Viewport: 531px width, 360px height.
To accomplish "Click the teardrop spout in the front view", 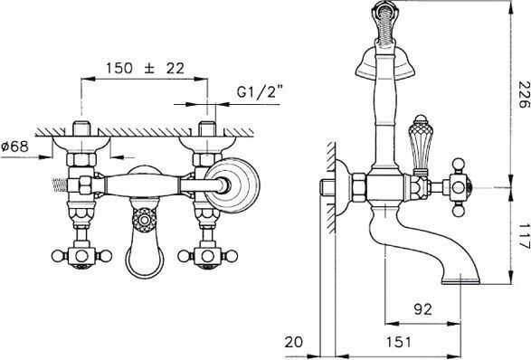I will coord(142,259).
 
